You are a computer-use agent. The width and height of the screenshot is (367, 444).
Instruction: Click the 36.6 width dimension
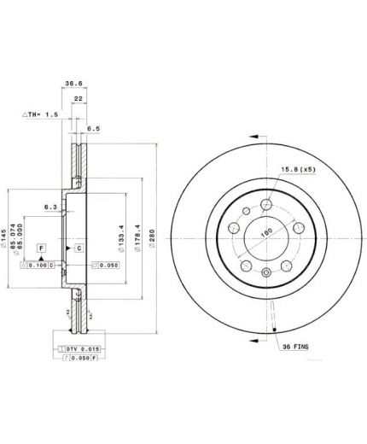[74, 84]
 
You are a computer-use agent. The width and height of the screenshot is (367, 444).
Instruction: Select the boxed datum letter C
[79, 248]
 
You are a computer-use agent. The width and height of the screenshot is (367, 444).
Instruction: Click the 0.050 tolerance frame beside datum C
[105, 266]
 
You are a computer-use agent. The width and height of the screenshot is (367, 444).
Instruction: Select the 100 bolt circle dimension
[265, 231]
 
